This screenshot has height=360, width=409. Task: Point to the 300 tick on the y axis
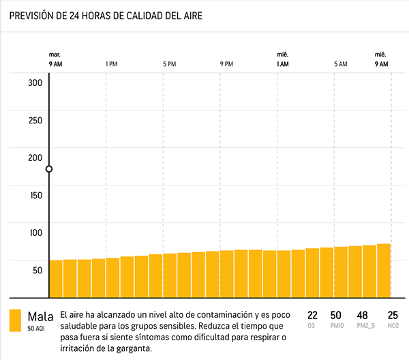tap(35, 83)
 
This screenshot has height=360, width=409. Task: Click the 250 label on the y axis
tap(35, 121)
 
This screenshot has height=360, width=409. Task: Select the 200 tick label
tap(35, 157)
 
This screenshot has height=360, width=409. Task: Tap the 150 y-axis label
tap(35, 195)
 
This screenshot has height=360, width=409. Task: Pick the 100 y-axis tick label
tap(35, 232)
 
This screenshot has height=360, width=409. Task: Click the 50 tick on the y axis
tap(37, 270)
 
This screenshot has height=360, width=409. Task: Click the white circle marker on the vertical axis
tap(49, 168)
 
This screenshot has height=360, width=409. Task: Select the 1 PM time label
tap(112, 64)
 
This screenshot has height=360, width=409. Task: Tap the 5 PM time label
tap(169, 64)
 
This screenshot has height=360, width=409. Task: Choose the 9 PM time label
tap(226, 64)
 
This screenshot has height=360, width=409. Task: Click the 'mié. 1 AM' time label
tap(283, 59)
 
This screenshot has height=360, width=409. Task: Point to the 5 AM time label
tap(340, 64)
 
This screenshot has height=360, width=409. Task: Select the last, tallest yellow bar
tap(384, 270)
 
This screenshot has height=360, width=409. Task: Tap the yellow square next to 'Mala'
tap(14, 320)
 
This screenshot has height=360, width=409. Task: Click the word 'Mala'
tap(40, 316)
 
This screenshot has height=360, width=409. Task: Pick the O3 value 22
tap(313, 315)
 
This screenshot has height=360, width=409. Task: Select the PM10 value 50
tap(335, 315)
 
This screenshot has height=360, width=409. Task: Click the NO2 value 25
tap(393, 315)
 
